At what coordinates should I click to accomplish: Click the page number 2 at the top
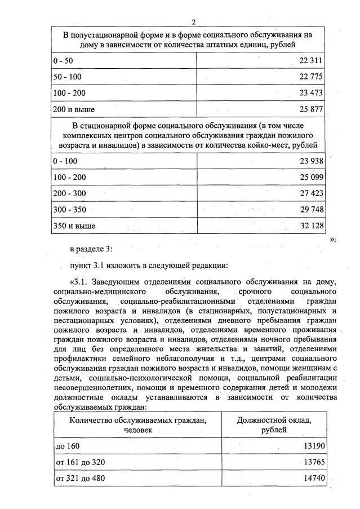pyautogui.click(x=193, y=22)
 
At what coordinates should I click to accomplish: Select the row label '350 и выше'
pyautogui.click(x=74, y=226)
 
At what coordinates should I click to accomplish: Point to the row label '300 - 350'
pyautogui.click(x=68, y=210)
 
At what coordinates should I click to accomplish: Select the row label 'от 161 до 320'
pyautogui.click(x=79, y=462)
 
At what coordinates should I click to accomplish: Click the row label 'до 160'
pyautogui.click(x=66, y=446)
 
